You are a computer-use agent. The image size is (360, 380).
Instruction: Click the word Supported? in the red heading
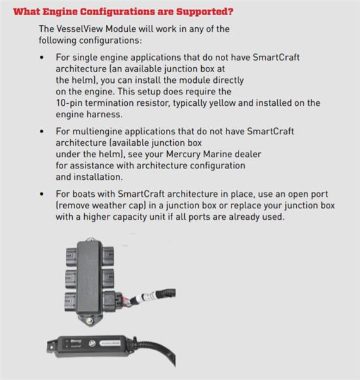coord(204,11)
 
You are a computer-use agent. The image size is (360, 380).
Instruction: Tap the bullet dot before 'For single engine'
coord(42,58)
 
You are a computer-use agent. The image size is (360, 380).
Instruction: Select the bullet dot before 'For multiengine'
coord(42,132)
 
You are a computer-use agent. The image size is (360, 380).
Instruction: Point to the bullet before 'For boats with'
coord(42,194)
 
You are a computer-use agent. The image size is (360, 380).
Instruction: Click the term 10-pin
coord(69,103)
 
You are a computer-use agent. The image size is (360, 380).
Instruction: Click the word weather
coord(109,205)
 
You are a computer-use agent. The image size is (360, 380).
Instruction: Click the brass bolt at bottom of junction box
coord(90,320)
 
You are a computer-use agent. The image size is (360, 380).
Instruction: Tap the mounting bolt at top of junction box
coord(90,239)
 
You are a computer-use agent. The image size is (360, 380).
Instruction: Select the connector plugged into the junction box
coord(113,301)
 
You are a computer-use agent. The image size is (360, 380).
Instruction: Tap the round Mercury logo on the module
coord(92,343)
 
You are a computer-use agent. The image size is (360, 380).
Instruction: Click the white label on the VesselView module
coord(110,343)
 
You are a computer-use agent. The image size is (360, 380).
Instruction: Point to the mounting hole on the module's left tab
coord(51,347)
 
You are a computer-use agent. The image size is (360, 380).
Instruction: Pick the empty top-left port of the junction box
coord(71,256)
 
